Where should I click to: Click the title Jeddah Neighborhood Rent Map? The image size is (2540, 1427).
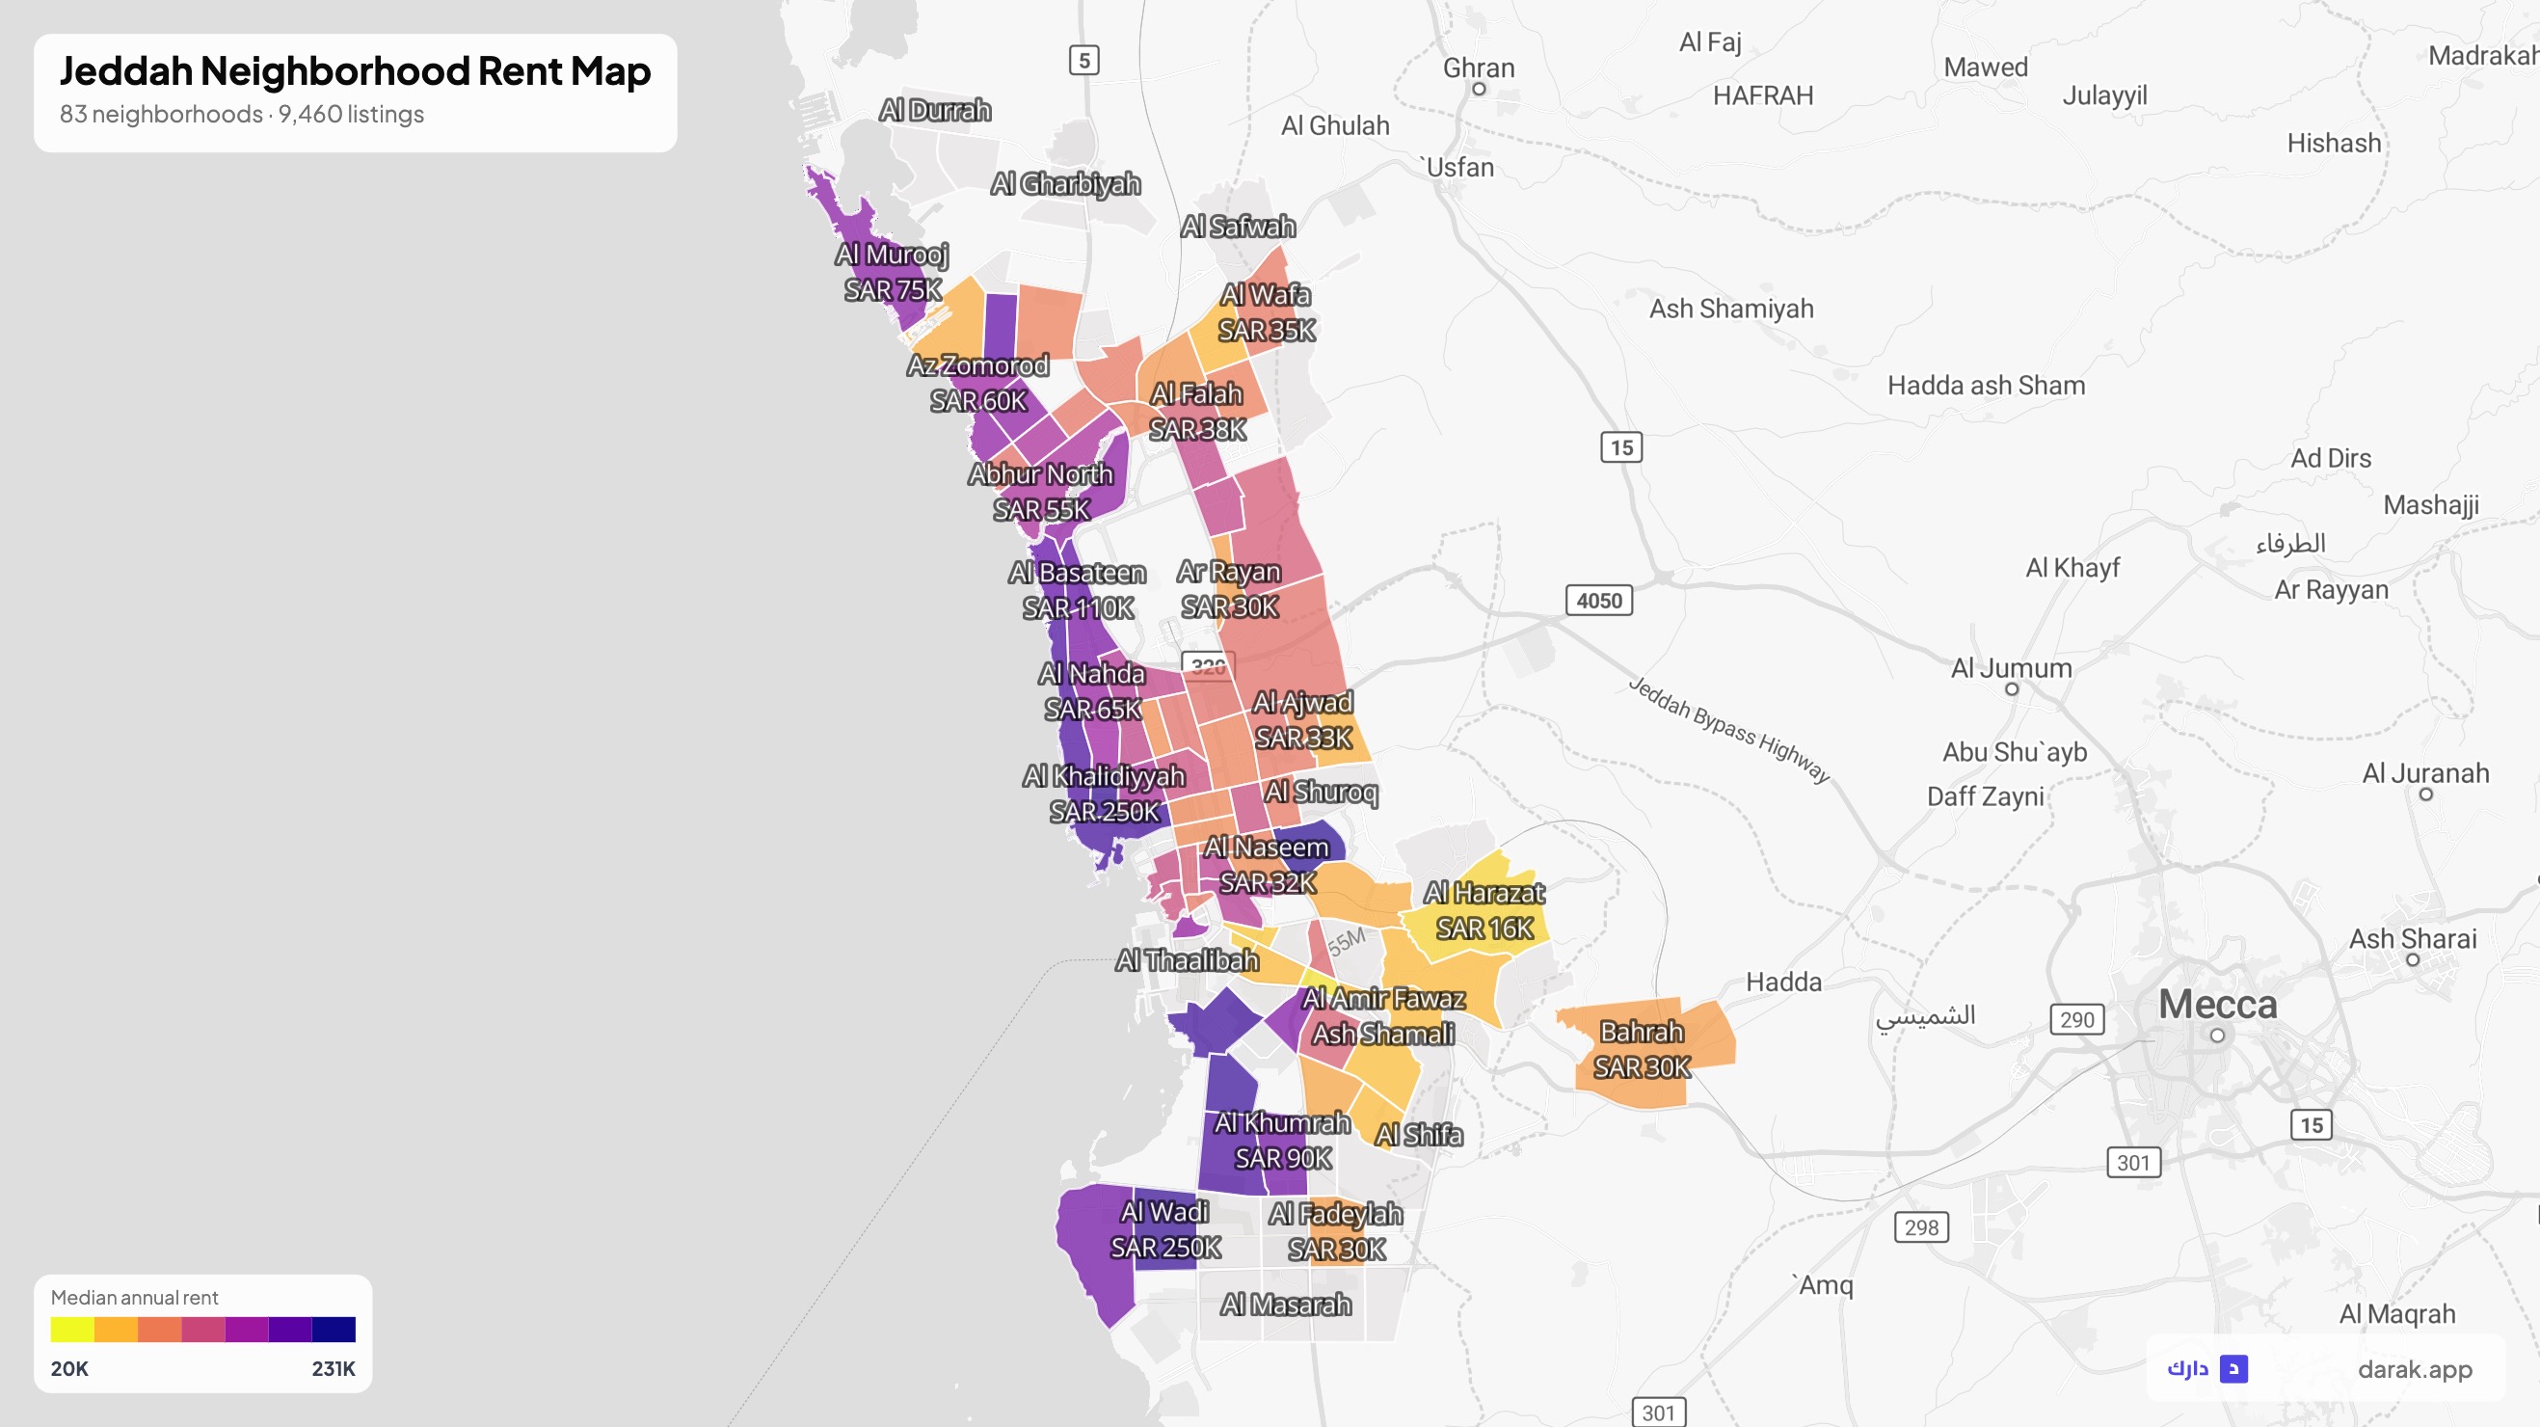[355, 71]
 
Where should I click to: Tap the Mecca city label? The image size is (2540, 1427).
[2218, 1005]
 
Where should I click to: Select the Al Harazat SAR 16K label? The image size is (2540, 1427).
[1484, 910]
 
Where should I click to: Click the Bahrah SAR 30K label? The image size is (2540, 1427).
[1642, 1049]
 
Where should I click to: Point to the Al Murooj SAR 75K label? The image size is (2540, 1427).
[893, 272]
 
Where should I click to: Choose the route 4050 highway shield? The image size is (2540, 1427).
[1598, 601]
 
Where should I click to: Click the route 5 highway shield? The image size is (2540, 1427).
[1083, 60]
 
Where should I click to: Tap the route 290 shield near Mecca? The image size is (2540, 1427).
[2076, 1020]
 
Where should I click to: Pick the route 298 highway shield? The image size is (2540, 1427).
[1921, 1227]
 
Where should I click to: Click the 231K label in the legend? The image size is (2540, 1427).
[334, 1369]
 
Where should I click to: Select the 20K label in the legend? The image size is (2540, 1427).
[69, 1369]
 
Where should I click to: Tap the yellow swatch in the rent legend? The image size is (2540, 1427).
[72, 1331]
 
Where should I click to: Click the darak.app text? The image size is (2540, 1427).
[2415, 1369]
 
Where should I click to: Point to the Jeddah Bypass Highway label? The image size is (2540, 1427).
[1728, 729]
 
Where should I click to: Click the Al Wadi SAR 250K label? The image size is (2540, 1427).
[1165, 1229]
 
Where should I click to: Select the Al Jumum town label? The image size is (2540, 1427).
[2011, 668]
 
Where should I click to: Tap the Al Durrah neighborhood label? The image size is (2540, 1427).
[935, 111]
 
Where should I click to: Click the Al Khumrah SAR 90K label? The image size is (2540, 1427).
[1283, 1140]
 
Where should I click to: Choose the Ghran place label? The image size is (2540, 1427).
[1478, 68]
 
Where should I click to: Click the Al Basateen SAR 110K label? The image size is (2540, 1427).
[1078, 591]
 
